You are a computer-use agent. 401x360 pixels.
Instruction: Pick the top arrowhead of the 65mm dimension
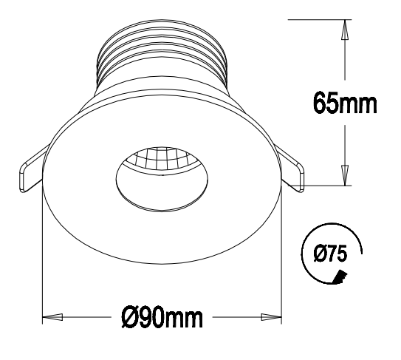[x=345, y=30]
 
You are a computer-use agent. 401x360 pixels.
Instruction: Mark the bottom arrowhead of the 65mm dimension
[x=345, y=174]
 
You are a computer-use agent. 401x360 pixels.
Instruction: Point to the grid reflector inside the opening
[x=161, y=161]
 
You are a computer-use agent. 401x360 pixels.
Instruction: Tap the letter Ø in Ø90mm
[x=128, y=319]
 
